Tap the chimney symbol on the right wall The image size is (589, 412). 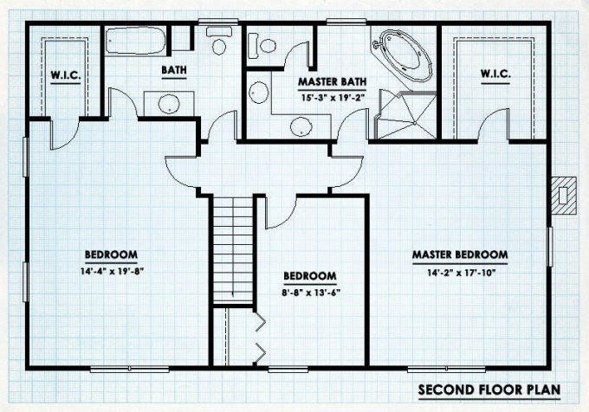pyautogui.click(x=565, y=195)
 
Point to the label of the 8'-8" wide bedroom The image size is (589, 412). pyautogui.click(x=309, y=277)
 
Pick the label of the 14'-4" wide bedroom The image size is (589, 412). pyautogui.click(x=112, y=254)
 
